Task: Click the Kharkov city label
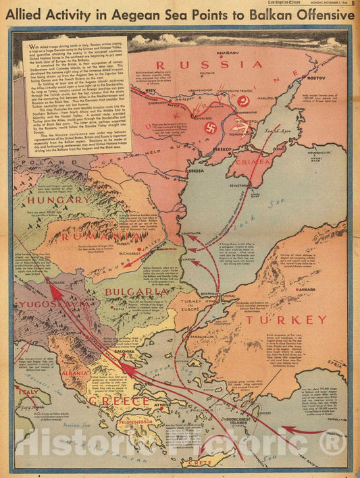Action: point(245,52)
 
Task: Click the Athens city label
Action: point(160,405)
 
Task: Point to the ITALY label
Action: point(28,392)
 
